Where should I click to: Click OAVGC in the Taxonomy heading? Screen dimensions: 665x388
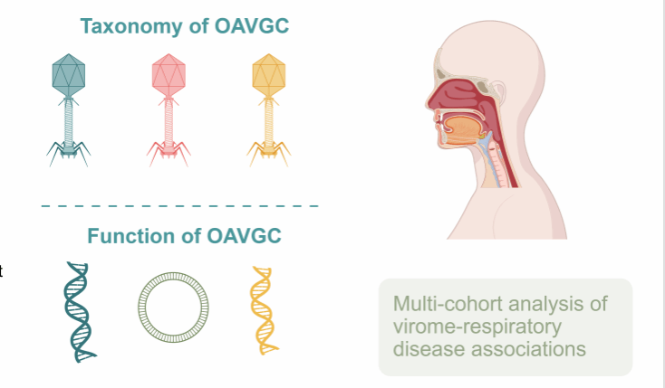252,26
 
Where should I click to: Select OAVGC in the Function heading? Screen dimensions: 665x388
244,235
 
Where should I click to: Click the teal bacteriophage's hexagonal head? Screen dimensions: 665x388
69,75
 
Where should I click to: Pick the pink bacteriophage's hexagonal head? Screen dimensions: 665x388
169,75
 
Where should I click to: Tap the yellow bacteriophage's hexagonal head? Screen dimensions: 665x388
269,75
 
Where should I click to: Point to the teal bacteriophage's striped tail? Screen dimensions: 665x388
69,123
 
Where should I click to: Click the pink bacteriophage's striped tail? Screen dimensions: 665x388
169,123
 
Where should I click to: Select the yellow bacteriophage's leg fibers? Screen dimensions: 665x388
269,154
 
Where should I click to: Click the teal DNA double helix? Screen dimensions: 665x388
78,312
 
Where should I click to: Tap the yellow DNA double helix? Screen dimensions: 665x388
263,310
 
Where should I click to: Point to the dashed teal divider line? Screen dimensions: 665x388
179,206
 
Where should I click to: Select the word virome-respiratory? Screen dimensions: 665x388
477,327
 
